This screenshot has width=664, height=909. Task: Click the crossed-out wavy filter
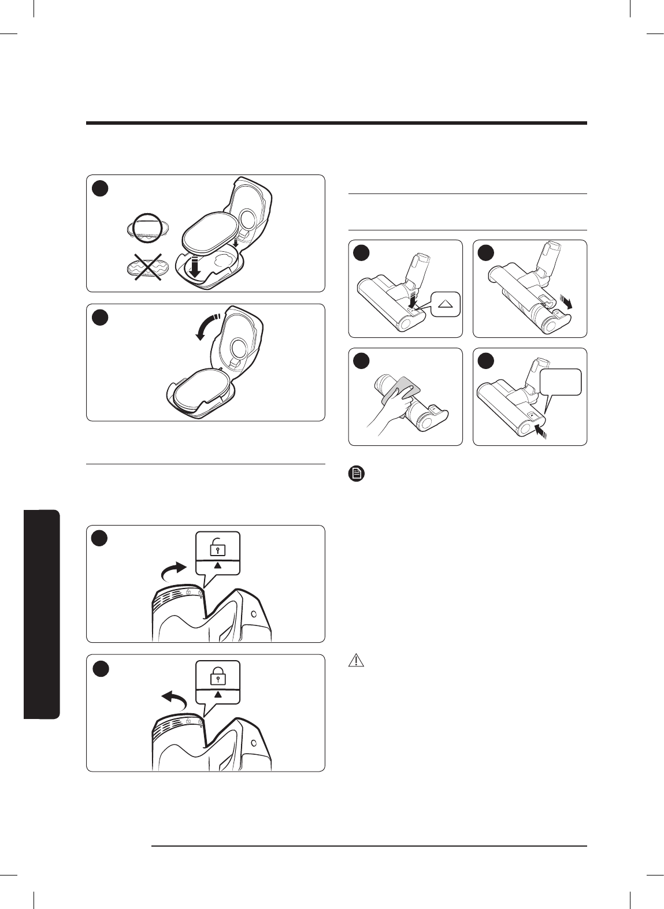click(146, 269)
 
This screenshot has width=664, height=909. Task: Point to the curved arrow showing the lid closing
click(207, 326)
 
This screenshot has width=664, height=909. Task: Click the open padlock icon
click(217, 546)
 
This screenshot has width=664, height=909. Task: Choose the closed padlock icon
click(217, 675)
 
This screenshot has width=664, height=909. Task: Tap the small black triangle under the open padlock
click(217, 567)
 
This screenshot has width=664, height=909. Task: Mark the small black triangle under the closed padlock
click(217, 695)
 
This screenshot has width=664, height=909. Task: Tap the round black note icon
click(357, 475)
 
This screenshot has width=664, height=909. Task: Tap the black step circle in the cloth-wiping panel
click(362, 360)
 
